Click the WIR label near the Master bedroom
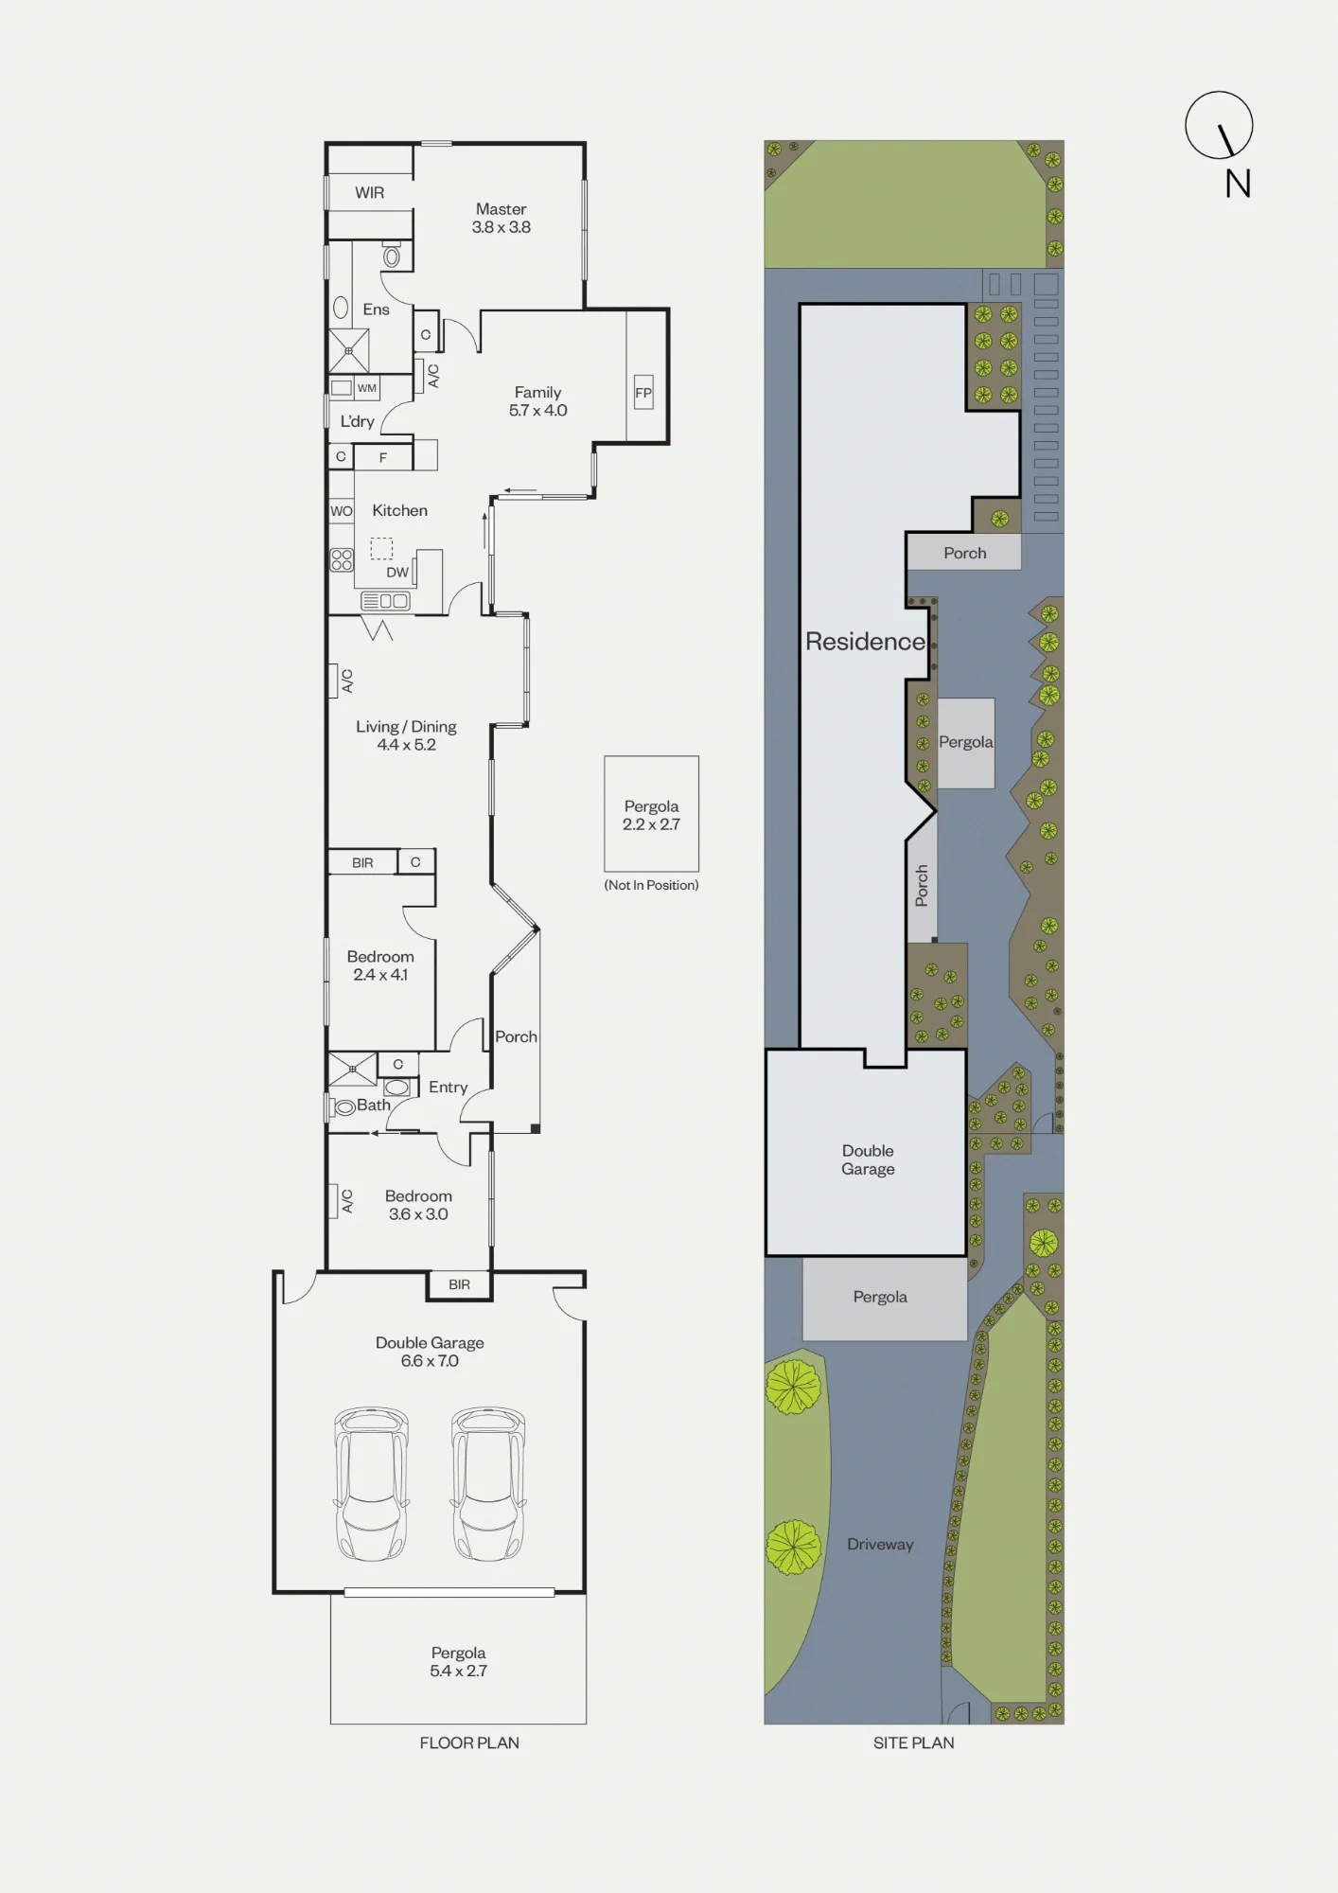point(369,193)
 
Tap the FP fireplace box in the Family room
point(643,393)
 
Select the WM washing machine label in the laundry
point(367,388)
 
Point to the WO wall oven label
point(342,511)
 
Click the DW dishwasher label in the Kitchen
point(397,573)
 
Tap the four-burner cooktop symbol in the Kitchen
point(342,560)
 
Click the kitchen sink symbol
point(385,601)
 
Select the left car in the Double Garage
point(372,1483)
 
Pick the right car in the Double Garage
point(488,1483)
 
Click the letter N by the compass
point(1238,184)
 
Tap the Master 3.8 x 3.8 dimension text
point(502,227)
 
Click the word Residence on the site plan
point(865,642)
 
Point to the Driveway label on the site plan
point(880,1545)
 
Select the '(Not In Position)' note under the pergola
point(651,885)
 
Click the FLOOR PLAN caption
point(469,1743)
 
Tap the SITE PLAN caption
point(913,1743)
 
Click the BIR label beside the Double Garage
point(459,1284)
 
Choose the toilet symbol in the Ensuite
point(392,255)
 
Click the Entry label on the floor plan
point(448,1088)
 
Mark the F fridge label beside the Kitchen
point(383,457)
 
